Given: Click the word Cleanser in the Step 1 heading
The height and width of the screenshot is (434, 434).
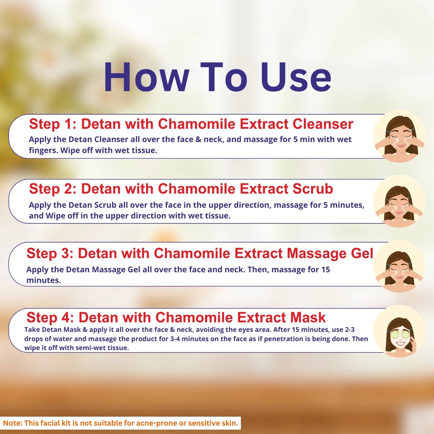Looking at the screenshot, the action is click(x=323, y=124).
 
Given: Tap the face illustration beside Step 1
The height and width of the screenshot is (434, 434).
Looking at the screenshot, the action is click(x=399, y=136).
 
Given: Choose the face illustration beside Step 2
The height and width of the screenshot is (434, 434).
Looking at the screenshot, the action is click(x=399, y=201).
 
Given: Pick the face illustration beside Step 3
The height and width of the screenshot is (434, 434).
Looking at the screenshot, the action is click(x=399, y=266).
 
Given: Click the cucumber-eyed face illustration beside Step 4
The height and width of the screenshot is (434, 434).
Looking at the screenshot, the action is click(x=399, y=331).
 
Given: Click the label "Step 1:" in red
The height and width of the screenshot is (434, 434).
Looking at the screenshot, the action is click(x=53, y=124).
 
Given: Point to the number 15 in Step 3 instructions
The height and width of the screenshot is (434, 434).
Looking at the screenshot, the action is click(x=325, y=269).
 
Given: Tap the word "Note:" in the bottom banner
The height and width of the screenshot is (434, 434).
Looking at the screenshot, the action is click(x=13, y=423).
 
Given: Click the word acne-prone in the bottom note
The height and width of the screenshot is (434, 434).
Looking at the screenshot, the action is click(x=157, y=423).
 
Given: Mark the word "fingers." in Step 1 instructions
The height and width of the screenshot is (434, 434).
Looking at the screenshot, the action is click(x=44, y=150).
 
